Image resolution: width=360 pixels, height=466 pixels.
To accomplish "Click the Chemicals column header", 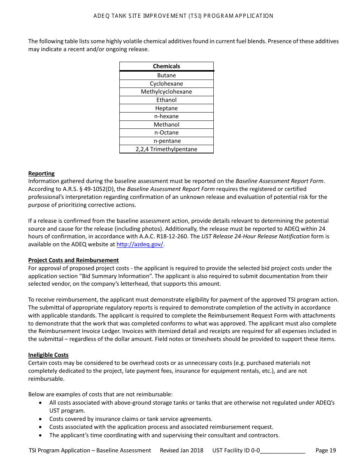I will [166, 66].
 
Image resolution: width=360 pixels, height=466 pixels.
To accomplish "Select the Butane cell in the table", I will [166, 75].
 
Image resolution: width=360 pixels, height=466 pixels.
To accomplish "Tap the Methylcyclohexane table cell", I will [166, 92].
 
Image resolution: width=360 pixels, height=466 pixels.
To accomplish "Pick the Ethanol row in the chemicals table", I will [166, 100].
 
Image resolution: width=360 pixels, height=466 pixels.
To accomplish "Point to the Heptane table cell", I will [166, 108].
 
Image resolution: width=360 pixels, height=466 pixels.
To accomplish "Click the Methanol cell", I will [166, 125].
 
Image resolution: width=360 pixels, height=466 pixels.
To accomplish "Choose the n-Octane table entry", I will [166, 133].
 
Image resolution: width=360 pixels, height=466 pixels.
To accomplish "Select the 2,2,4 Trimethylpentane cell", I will [166, 149].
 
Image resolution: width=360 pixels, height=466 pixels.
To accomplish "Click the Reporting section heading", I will [41, 174].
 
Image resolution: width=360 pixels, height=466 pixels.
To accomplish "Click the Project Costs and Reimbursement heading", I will [73, 260].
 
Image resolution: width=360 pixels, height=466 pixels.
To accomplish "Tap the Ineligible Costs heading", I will [48, 355].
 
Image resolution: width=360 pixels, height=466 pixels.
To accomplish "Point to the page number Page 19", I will [326, 450].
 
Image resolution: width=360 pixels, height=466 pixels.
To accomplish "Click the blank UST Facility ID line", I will [283, 450].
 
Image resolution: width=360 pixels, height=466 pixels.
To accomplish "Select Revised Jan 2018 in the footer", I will [182, 450].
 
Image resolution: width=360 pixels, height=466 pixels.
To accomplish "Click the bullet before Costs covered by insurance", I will [41, 419].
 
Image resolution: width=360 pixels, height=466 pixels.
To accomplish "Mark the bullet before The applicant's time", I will [41, 435].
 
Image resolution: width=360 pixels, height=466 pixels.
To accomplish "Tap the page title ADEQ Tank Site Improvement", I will [183, 16].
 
